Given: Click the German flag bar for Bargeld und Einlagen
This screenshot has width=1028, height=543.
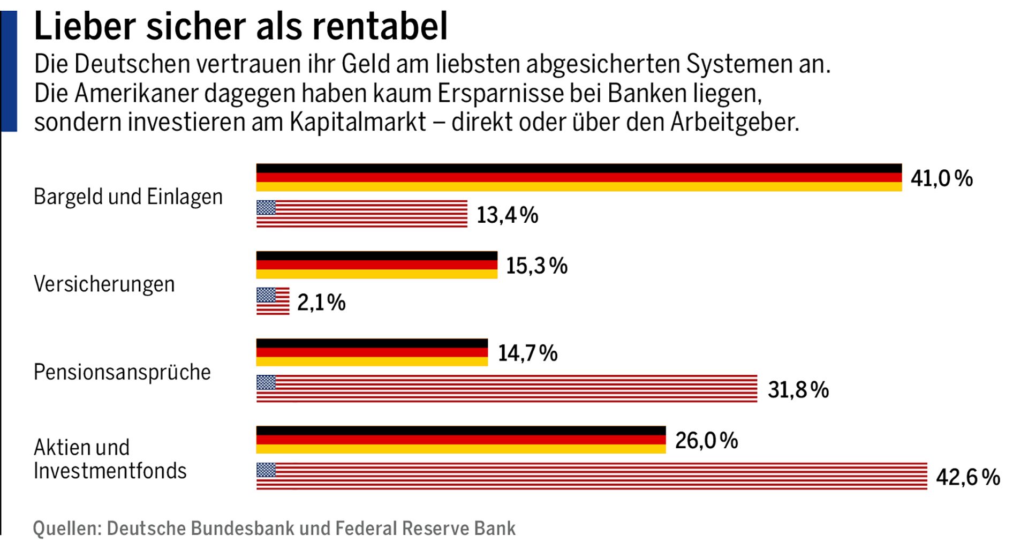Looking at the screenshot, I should (x=578, y=177).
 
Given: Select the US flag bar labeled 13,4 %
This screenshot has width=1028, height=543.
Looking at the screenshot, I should (x=361, y=214).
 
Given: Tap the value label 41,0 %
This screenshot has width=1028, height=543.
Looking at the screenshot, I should (x=941, y=178).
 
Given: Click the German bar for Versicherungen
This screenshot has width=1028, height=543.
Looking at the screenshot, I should (x=376, y=265).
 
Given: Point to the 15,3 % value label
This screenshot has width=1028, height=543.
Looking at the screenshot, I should (x=536, y=266).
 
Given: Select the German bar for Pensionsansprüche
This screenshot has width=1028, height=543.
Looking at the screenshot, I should (x=372, y=352).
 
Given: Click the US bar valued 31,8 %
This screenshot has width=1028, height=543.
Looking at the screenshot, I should (x=507, y=389).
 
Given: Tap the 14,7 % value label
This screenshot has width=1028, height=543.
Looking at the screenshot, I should (x=527, y=353).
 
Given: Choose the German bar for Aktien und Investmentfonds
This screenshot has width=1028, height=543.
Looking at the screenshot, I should (x=460, y=440).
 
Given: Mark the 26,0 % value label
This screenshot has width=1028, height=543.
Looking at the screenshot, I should (x=706, y=441).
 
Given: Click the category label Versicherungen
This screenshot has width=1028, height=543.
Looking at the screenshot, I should (x=104, y=284).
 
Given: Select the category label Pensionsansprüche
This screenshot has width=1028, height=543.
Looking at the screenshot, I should (x=122, y=372).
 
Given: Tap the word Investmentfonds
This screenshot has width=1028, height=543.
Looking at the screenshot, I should (x=110, y=471).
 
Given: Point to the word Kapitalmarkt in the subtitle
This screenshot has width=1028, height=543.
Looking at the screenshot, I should (x=358, y=122).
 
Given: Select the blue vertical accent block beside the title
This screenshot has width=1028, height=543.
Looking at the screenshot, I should (x=9, y=71).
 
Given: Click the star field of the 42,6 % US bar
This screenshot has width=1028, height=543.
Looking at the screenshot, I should (x=266, y=470).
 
